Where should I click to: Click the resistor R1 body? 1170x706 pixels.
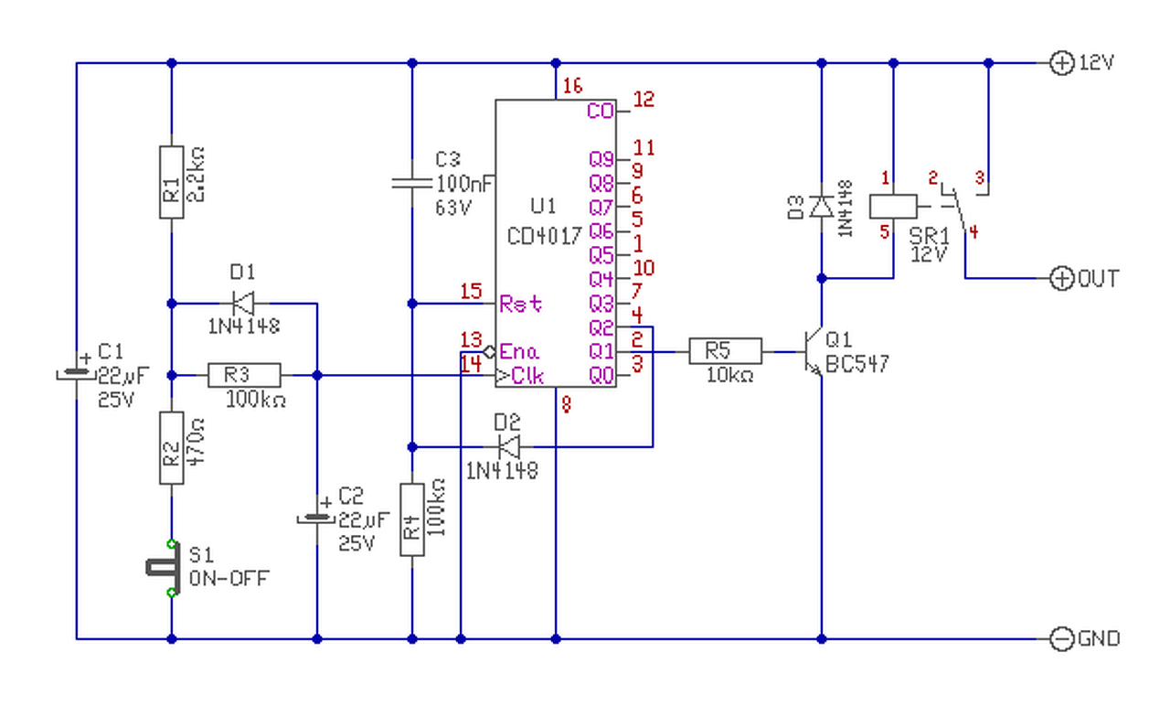pyautogui.click(x=172, y=181)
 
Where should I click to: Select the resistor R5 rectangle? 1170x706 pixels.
pyautogui.click(x=726, y=351)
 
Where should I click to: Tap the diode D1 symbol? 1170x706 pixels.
pyautogui.click(x=243, y=303)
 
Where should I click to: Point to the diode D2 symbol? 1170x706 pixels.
pyautogui.click(x=508, y=447)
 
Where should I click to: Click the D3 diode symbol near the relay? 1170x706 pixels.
pyautogui.click(x=821, y=205)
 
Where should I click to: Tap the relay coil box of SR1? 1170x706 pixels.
pyautogui.click(x=892, y=206)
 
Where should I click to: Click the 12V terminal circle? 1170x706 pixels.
pyautogui.click(x=1061, y=63)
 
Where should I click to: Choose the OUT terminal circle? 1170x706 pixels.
pyautogui.click(x=1061, y=278)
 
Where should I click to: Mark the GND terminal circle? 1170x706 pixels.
pyautogui.click(x=1061, y=638)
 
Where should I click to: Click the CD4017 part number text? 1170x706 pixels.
pyautogui.click(x=545, y=236)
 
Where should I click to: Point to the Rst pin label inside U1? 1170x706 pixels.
pyautogui.click(x=521, y=304)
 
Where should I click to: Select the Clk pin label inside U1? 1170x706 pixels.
pyautogui.click(x=525, y=375)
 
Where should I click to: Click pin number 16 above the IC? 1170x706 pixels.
pyautogui.click(x=572, y=87)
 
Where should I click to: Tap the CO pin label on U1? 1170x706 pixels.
pyautogui.click(x=600, y=112)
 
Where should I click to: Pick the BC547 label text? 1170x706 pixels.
pyautogui.click(x=857, y=365)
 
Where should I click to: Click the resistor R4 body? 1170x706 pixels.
pyautogui.click(x=411, y=519)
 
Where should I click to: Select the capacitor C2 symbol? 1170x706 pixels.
pyautogui.click(x=317, y=519)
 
